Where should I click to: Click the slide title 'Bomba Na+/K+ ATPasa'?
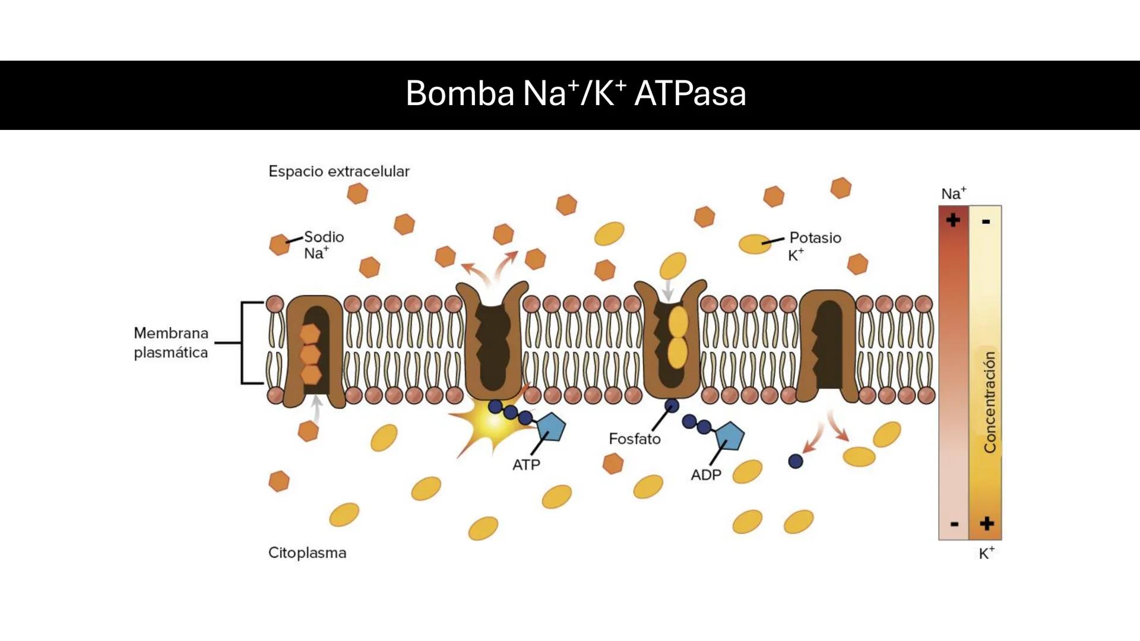coord(575,94)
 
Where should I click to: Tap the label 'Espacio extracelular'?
coord(338,172)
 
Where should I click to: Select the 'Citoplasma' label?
coord(307,553)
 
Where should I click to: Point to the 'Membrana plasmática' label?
coord(171,342)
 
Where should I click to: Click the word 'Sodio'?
coord(324,237)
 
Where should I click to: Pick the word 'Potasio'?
coord(815,238)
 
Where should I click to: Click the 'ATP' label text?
coord(526,465)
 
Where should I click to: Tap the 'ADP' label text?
coord(705,475)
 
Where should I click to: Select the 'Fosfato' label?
coord(634,439)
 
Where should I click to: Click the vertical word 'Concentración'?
coord(989,402)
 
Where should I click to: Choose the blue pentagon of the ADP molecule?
coord(730,437)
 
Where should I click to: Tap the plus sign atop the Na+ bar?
coord(953,220)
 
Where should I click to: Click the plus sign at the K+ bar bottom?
coord(986,523)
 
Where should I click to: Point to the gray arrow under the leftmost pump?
coord(317,408)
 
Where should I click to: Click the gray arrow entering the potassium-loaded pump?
coord(669,290)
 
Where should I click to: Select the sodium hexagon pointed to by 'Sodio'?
coord(279,244)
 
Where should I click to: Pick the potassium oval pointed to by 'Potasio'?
coord(755,243)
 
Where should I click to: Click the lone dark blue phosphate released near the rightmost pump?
coord(795,461)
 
